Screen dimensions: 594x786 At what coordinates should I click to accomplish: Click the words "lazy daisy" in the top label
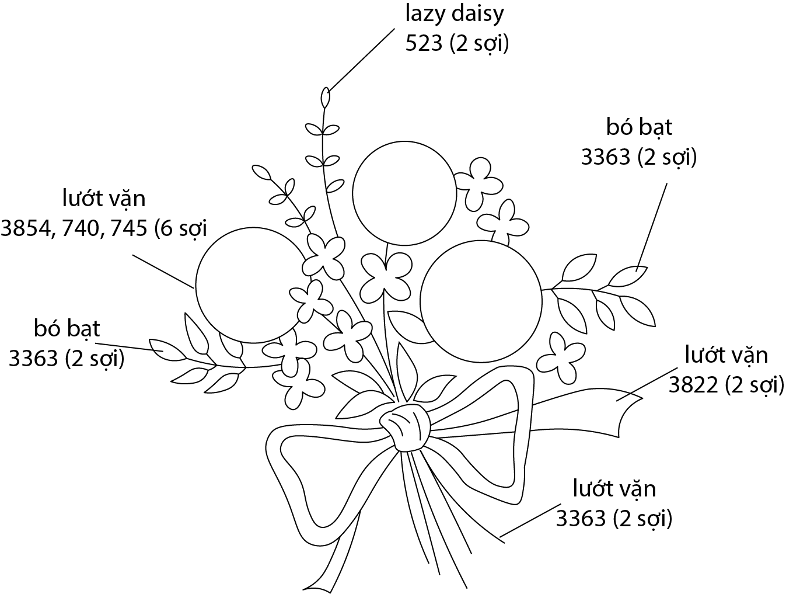coord(454,14)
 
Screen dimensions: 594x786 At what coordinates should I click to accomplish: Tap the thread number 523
coord(424,44)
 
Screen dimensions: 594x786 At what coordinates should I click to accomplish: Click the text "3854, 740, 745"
coord(74,228)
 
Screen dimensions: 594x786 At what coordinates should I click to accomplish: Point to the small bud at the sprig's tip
coord(326,96)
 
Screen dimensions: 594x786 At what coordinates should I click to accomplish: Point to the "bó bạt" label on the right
coord(640,127)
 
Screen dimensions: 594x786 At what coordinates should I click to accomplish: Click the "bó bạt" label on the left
coord(67,329)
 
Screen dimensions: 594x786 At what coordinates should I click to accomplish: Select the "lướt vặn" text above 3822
coord(725,355)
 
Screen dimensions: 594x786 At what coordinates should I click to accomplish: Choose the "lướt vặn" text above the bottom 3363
coord(614,488)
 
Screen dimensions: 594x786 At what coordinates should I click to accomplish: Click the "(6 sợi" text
coord(181,228)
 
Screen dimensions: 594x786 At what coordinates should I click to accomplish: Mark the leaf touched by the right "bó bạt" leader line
coord(630,276)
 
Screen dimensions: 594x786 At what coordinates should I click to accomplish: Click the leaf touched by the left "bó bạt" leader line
coord(165,349)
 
